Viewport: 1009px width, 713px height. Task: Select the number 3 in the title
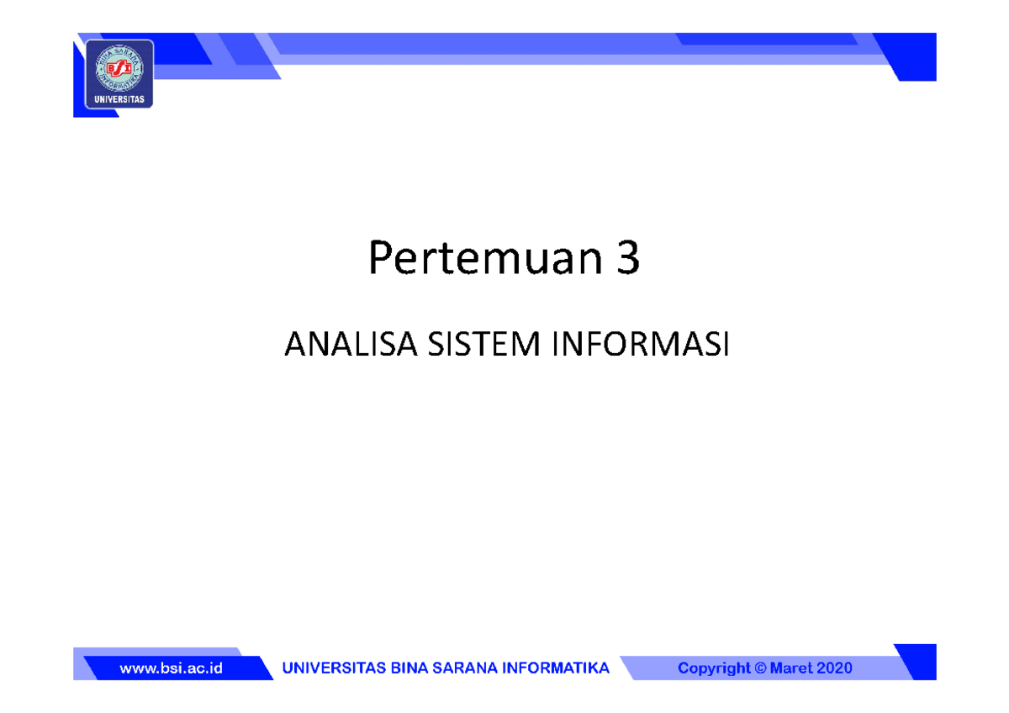point(625,260)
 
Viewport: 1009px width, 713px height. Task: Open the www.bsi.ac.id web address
point(171,668)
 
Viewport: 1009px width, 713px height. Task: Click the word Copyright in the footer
point(714,668)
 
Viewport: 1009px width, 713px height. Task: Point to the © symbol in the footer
point(762,668)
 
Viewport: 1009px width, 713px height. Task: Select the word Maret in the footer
point(793,668)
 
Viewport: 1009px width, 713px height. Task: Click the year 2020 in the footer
point(835,668)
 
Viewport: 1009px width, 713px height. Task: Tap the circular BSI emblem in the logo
point(119,67)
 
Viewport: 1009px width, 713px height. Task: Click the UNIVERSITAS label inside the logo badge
point(119,99)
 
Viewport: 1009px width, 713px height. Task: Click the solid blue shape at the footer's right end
point(918,662)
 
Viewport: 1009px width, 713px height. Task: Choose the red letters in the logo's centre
point(119,67)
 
